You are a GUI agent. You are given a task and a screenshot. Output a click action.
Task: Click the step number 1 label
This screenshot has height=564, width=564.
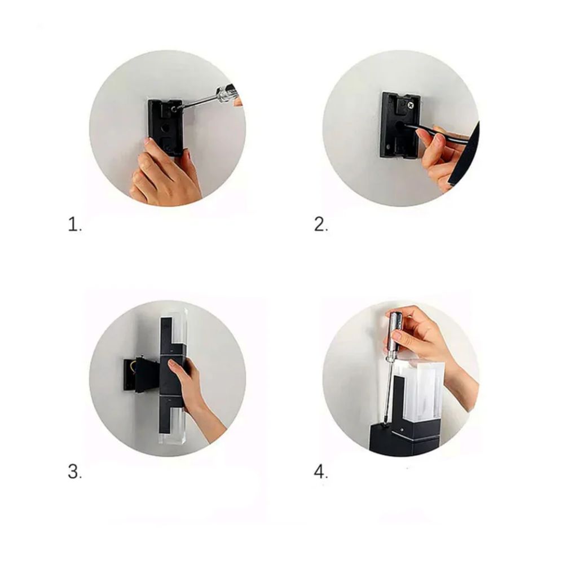tap(75, 224)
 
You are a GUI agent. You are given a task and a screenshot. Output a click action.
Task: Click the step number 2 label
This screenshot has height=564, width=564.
tap(321, 224)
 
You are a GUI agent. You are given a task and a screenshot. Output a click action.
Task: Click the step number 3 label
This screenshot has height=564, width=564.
tap(75, 472)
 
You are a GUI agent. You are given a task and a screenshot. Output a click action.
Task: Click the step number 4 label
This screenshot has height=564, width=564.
tap(321, 472)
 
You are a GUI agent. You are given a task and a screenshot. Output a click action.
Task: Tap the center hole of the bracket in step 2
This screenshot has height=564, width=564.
tap(399, 126)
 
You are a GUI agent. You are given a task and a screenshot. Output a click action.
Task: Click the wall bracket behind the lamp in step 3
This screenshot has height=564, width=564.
tap(139, 374)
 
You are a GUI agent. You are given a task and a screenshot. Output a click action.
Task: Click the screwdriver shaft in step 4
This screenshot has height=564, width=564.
tap(389, 388)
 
